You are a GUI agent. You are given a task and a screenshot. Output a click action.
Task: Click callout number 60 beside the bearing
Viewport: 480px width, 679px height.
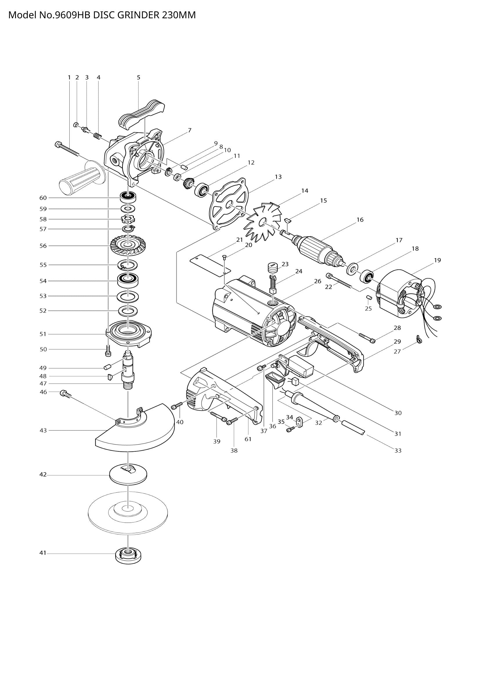[43, 198]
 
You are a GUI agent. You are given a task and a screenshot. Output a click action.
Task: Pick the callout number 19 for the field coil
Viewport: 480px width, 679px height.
[437, 260]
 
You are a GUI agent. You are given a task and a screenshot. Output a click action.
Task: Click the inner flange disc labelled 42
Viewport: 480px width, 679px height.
[128, 474]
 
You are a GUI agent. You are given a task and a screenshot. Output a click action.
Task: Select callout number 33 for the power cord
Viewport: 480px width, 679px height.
[398, 451]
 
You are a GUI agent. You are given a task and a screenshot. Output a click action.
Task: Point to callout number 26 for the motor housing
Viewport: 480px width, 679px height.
[317, 281]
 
